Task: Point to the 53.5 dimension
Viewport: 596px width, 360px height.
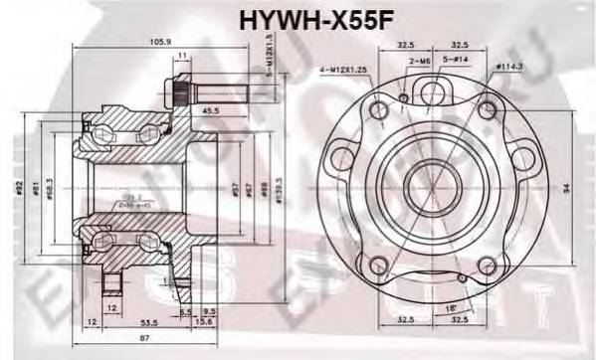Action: pyautogui.click(x=149, y=324)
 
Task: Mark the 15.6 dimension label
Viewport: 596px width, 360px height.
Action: pyautogui.click(x=206, y=323)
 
